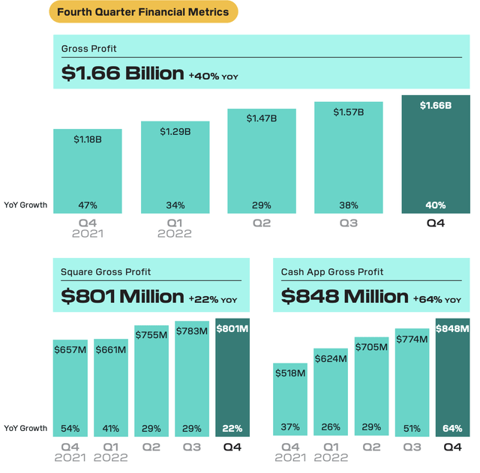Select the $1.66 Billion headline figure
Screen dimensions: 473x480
pyautogui.click(x=122, y=73)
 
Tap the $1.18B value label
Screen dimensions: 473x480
pyautogui.click(x=88, y=139)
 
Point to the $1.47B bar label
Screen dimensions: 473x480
pyautogui.click(x=262, y=118)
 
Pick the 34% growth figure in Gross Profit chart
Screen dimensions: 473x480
pyautogui.click(x=175, y=205)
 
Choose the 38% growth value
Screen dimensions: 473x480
pyautogui.click(x=349, y=205)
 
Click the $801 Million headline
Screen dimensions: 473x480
pyautogui.click(x=122, y=297)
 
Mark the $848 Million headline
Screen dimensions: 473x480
pyautogui.click(x=344, y=297)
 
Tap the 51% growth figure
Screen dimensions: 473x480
pyautogui.click(x=412, y=427)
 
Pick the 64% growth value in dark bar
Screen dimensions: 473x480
pyautogui.click(x=453, y=427)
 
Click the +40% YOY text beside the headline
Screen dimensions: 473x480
pyautogui.click(x=213, y=76)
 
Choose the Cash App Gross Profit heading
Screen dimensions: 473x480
pyautogui.click(x=332, y=272)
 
